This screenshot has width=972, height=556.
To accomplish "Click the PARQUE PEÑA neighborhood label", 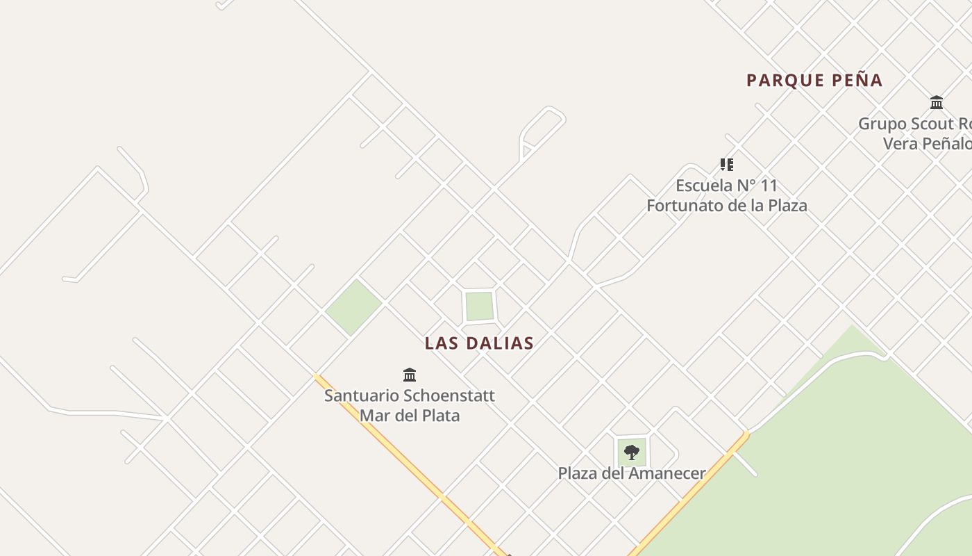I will [x=814, y=81].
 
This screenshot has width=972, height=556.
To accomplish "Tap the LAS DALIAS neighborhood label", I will [x=479, y=343].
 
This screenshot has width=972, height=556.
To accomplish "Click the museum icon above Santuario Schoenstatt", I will [x=410, y=375].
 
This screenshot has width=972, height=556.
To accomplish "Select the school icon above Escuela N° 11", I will [x=726, y=165].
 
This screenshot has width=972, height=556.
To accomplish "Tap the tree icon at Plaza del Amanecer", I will [x=631, y=453].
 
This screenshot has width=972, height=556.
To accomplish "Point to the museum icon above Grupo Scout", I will [x=937, y=103].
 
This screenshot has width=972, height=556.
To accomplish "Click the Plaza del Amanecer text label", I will [x=631, y=473].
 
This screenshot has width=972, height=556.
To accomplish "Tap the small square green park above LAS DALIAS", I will [x=479, y=306].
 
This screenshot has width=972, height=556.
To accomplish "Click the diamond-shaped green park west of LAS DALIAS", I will [x=353, y=306].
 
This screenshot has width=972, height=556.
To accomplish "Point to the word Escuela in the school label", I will [x=704, y=186].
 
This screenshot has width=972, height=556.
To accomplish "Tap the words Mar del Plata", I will [x=410, y=416].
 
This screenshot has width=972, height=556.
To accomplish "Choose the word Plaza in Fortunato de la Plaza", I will [x=786, y=206].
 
